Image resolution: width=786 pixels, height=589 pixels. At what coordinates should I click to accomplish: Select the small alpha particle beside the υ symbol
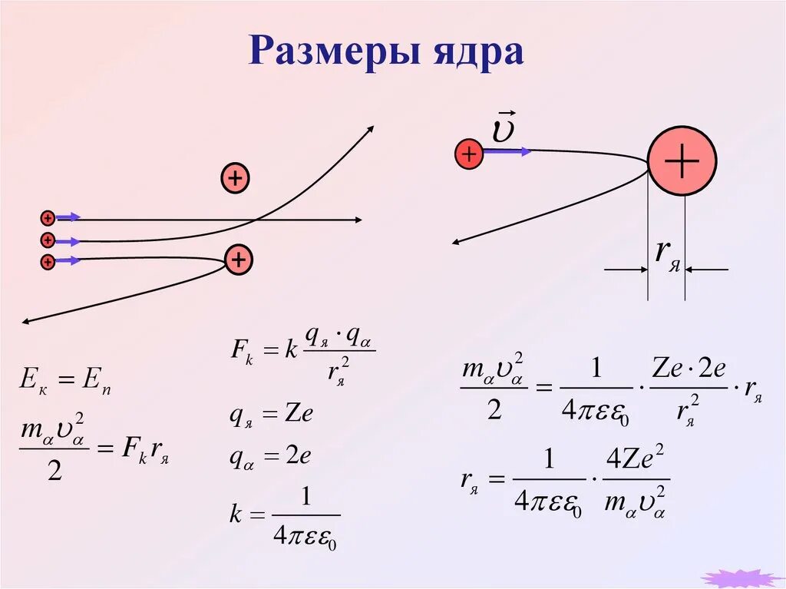coord(467,154)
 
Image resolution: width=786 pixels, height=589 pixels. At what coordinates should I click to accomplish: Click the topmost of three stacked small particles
coord(48,217)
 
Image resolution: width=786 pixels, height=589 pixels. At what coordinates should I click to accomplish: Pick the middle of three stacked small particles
coord(48,240)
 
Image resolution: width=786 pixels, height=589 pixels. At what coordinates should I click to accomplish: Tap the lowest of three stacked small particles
coord(48,262)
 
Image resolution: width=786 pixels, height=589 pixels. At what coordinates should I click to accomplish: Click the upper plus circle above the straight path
coord(236,179)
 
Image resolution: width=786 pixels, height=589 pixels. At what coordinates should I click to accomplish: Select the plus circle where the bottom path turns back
coord(239,261)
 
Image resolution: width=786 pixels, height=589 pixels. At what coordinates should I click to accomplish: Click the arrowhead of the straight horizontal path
coord(358,220)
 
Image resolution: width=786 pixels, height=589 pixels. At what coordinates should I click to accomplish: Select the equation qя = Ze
coord(272,414)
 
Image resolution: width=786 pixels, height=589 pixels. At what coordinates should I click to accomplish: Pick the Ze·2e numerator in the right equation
coord(688,369)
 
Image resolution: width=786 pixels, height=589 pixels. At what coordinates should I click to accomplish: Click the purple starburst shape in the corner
coord(740,578)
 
